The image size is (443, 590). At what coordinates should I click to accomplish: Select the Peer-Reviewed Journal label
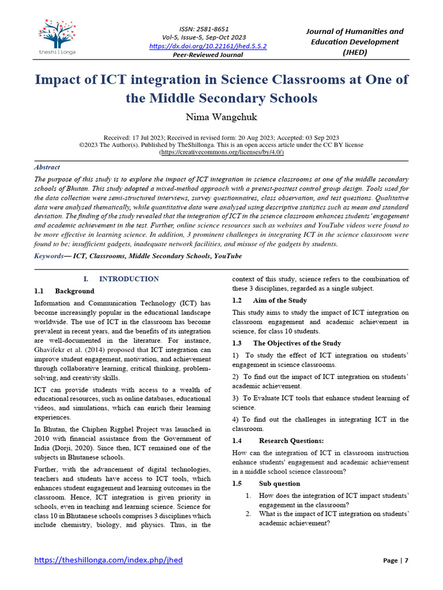208,55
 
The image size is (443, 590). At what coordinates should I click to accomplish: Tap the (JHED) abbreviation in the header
354,52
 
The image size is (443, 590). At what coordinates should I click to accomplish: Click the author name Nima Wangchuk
221,118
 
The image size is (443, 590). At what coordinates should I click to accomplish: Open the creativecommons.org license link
221,153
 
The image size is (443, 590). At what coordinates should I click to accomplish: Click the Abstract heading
47,167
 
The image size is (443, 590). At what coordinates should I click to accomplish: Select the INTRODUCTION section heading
129,279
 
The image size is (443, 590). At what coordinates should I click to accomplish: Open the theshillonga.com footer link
108,560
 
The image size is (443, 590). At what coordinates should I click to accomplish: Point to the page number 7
406,561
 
